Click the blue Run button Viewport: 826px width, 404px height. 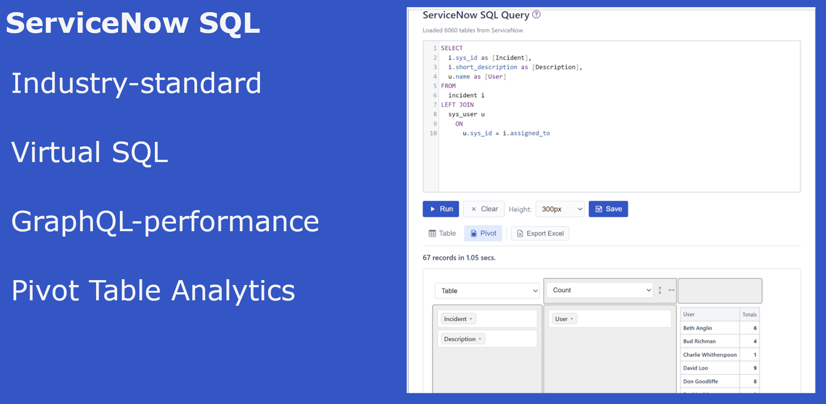coord(440,209)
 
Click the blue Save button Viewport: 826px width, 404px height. coord(608,209)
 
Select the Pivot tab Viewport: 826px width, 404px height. coord(483,233)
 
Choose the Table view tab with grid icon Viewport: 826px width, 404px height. coord(442,233)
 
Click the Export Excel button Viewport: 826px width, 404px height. coord(540,233)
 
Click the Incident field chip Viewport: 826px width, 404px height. coord(458,319)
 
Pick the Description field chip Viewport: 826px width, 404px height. coord(462,339)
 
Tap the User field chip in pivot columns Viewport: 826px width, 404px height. coord(564,319)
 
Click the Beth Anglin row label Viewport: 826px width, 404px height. coord(697,328)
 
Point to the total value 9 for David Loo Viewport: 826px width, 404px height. coord(755,368)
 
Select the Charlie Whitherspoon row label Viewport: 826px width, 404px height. coord(710,355)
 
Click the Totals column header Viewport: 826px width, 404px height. coord(749,315)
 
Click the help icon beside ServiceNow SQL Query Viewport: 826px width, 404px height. coord(536,14)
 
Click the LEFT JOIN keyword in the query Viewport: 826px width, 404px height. coord(457,105)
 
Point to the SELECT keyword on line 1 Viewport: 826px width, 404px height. coord(452,48)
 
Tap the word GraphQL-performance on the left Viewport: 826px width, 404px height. coord(165,221)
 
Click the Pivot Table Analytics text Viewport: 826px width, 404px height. coord(153,290)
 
